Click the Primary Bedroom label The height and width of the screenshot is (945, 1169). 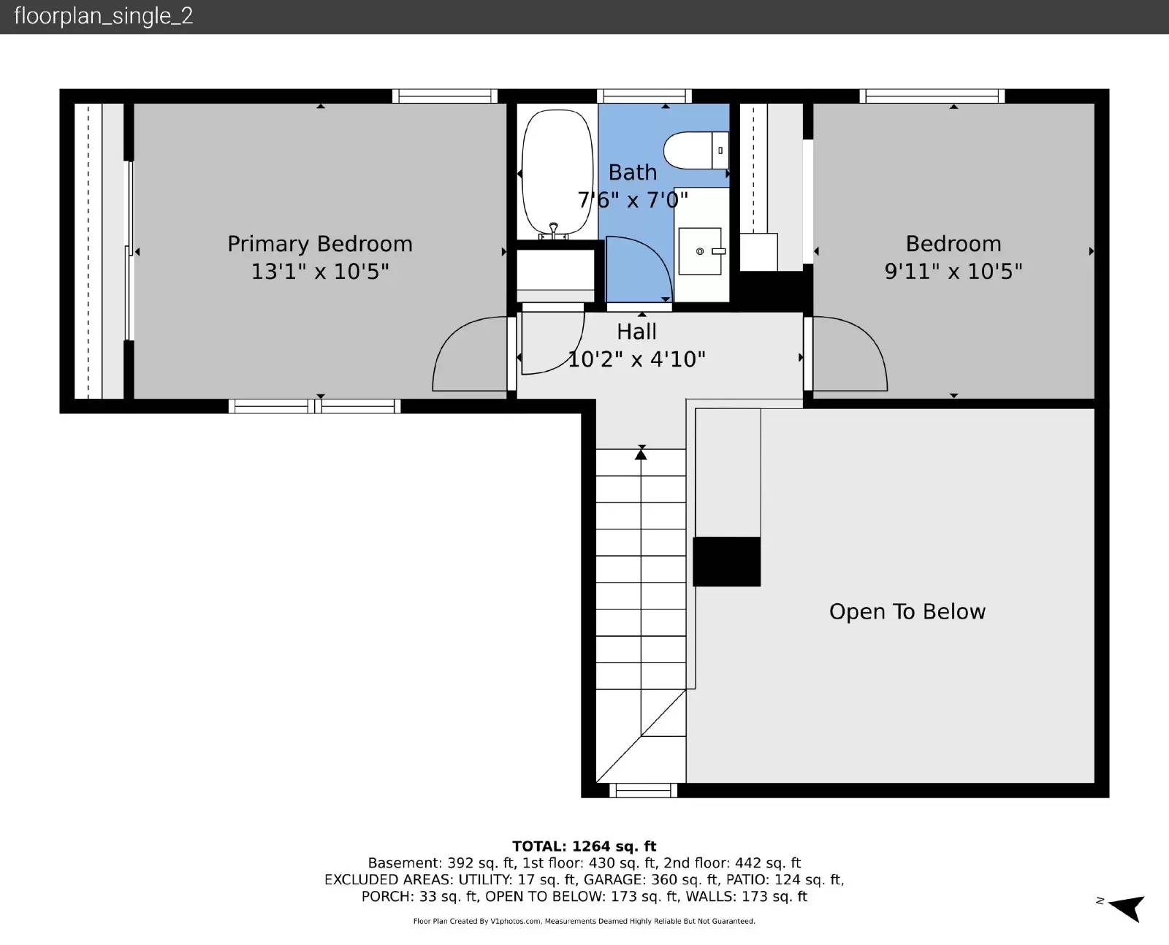pos(320,244)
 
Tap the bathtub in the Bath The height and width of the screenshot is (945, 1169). pos(557,173)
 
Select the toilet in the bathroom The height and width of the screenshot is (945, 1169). pos(696,150)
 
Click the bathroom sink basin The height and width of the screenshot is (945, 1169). pos(700,251)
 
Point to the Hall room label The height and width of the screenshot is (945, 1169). pos(636,332)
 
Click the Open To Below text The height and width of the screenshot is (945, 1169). pos(907,611)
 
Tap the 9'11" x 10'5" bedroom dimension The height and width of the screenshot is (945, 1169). pos(953,272)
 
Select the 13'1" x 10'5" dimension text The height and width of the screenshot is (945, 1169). pos(320,272)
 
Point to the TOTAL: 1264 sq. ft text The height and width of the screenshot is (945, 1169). pos(584,846)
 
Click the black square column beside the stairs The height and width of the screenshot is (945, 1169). pos(727,562)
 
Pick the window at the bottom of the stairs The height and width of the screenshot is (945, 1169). pos(643,790)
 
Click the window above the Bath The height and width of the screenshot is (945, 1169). pos(644,96)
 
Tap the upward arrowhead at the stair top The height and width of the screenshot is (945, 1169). pos(641,454)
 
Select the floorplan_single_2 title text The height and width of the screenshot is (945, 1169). pos(104,17)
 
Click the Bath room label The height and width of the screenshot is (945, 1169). pos(633,173)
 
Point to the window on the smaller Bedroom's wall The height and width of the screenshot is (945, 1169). pos(932,96)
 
